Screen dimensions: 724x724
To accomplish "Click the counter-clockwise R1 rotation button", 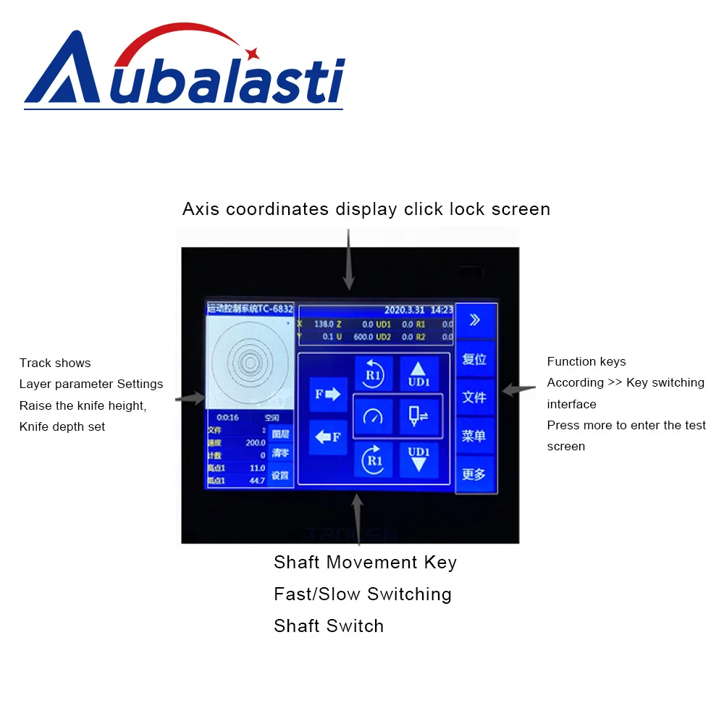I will coord(374,374).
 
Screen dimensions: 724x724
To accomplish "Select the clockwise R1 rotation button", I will coord(374,459).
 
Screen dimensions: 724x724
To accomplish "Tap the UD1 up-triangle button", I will coord(418,374).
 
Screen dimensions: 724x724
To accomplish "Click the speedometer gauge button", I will coord(374,416).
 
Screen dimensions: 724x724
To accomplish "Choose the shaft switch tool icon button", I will coord(418,416).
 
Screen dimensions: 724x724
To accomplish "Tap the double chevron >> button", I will coord(475,320).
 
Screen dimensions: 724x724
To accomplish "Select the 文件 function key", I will coord(475,397).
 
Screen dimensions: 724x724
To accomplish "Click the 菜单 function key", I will coord(475,436).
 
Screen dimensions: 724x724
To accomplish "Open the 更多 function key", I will coord(475,475).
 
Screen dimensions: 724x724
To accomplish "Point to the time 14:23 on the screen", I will coord(442,310).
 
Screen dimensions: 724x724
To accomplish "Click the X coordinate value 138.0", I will coord(323,325).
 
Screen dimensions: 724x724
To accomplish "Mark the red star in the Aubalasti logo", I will coord(252,53).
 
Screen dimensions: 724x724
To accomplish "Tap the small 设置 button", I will coord(280,476).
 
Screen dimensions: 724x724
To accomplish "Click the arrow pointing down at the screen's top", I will coord(349,261).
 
